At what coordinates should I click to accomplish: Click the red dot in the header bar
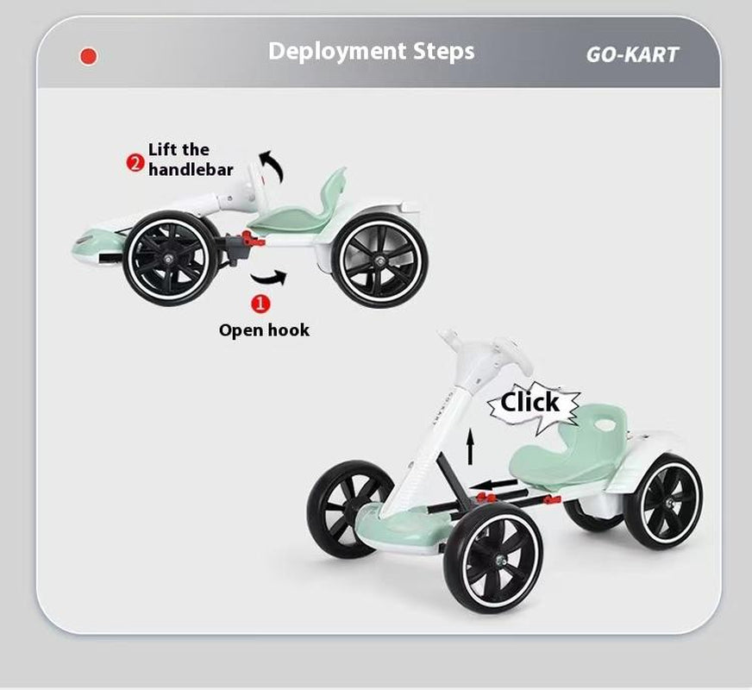[88, 56]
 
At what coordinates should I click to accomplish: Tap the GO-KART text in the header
[632, 54]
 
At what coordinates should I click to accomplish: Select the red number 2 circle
[135, 162]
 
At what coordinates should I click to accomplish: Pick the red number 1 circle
[260, 303]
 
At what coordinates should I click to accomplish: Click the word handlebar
[191, 169]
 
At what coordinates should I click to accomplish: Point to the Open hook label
[264, 330]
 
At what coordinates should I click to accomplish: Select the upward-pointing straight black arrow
[471, 446]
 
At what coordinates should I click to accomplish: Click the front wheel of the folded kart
[170, 259]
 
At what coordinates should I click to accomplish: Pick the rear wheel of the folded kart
[380, 260]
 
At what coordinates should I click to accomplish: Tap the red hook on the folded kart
[252, 238]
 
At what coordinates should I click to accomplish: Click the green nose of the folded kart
[92, 246]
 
